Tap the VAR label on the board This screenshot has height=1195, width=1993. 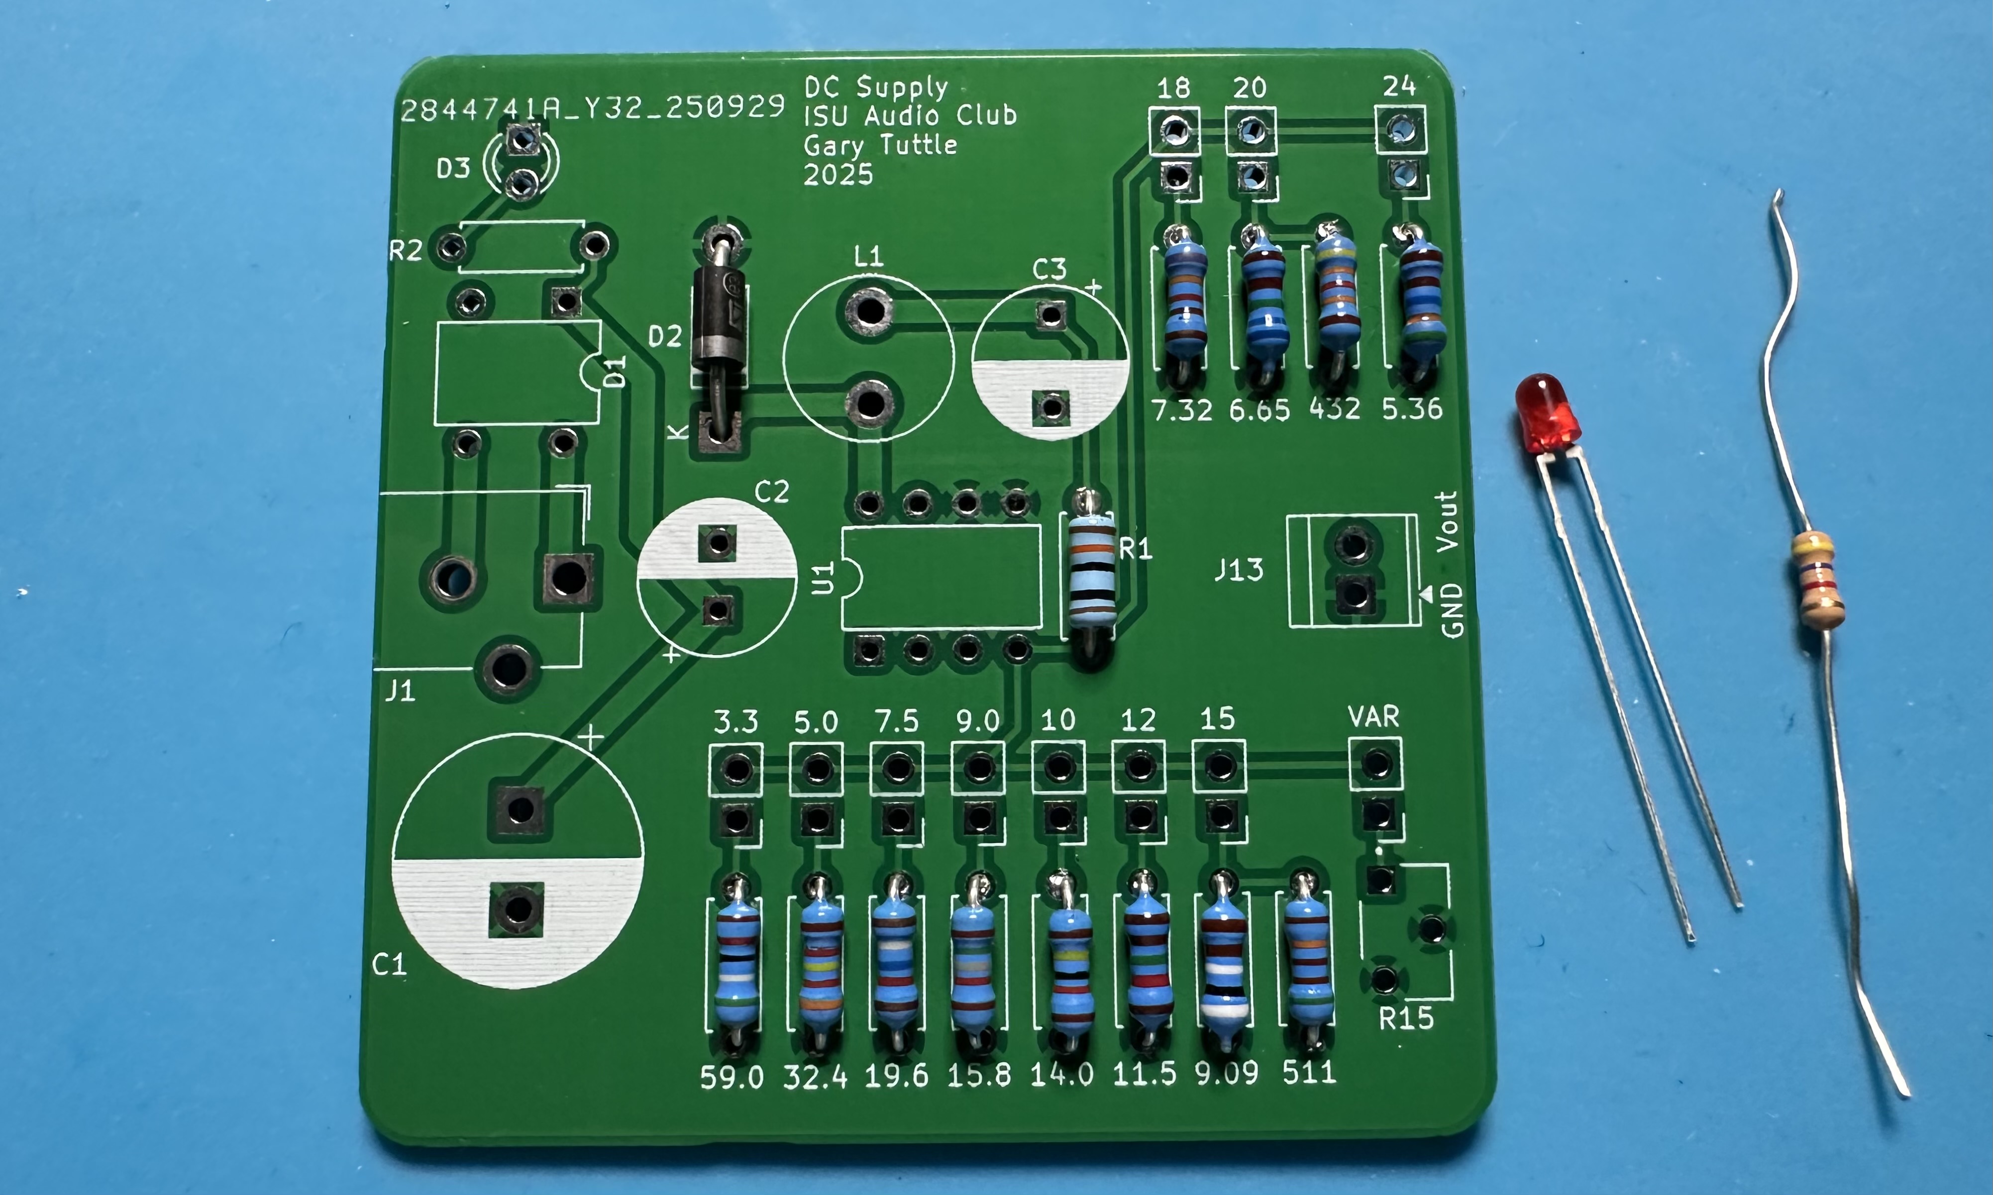tap(1374, 716)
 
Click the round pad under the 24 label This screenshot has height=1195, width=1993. tap(1402, 129)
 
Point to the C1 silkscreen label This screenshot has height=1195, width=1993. tap(389, 964)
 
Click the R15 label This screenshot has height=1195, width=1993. tap(1406, 1019)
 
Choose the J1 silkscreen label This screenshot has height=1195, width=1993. tap(400, 690)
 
